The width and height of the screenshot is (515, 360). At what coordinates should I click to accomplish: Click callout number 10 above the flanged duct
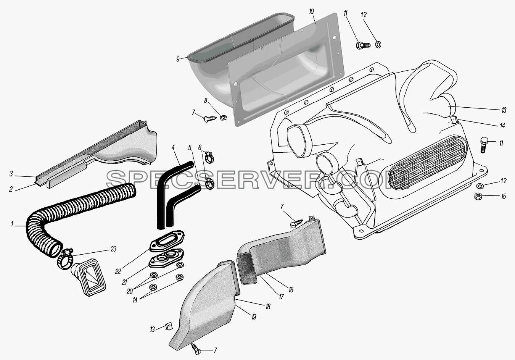click(311, 12)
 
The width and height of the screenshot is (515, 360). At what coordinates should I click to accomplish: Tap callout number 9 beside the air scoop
click(178, 59)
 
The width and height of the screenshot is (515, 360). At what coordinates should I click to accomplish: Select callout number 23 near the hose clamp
click(113, 249)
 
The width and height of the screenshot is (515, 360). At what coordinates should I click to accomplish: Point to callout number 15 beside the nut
click(503, 197)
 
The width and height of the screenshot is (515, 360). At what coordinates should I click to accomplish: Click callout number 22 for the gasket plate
click(118, 272)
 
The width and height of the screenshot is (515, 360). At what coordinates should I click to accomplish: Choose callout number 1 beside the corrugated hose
click(12, 224)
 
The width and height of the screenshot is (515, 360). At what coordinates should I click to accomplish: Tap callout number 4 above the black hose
click(173, 147)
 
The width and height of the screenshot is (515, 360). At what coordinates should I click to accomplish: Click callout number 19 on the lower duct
click(254, 317)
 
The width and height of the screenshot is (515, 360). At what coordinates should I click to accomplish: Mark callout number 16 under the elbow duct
click(291, 290)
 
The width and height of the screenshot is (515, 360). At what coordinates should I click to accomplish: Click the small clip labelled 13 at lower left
click(169, 327)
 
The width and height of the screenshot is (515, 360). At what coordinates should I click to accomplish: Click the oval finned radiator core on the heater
click(425, 162)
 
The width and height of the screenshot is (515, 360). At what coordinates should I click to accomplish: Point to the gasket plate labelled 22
click(167, 241)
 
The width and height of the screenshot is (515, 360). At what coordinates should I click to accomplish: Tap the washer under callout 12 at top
click(378, 44)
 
